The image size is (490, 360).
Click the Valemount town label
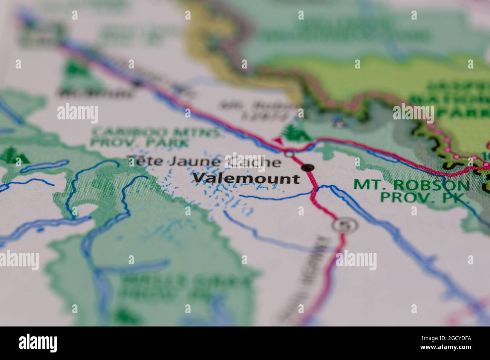[x=247, y=178]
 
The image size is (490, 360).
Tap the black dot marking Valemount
[x=308, y=167]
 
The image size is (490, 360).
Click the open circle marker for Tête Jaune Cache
[x=289, y=154]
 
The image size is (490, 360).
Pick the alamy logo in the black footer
[x=38, y=343]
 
